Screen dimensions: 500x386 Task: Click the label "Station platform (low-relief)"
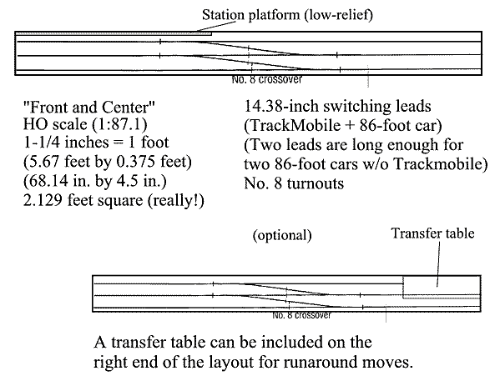click(287, 15)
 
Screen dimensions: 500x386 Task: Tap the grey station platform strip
click(114, 33)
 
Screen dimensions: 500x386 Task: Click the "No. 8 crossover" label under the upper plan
click(266, 79)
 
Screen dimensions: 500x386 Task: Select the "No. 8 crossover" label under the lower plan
click(301, 315)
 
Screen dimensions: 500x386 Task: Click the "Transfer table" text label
click(432, 233)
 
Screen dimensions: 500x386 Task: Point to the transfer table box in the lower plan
click(442, 287)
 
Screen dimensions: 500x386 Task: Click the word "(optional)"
click(282, 236)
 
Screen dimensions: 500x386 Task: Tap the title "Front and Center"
click(89, 107)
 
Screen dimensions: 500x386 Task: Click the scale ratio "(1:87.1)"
click(119, 124)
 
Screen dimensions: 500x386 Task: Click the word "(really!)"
click(175, 201)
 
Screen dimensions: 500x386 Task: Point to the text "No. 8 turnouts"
click(294, 183)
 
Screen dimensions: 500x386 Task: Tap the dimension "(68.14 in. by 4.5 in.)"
click(95, 181)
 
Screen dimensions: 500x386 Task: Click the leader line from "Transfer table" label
click(439, 263)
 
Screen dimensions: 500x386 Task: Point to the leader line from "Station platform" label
click(215, 27)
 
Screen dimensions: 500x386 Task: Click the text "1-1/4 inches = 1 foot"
click(96, 142)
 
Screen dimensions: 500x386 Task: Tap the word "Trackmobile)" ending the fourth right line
click(441, 164)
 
